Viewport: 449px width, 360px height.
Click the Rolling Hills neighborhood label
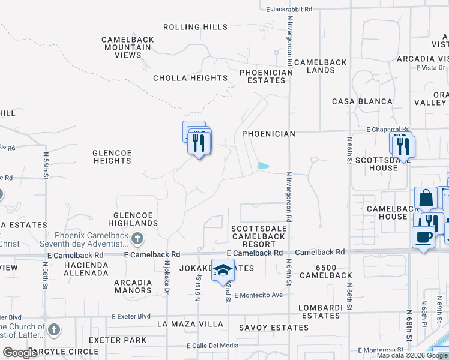(x=196, y=27)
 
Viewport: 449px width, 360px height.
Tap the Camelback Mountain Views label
(x=128, y=47)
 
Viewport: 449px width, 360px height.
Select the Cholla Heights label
(x=190, y=78)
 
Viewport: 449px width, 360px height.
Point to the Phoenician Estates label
(x=266, y=76)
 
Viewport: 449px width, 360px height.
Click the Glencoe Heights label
(x=112, y=157)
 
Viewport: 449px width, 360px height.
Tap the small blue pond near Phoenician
(x=263, y=166)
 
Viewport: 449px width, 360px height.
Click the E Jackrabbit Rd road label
(x=289, y=9)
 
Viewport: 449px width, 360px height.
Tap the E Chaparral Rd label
(x=388, y=129)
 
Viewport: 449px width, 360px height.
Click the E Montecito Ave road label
(x=258, y=295)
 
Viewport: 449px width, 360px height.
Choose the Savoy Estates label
(x=274, y=328)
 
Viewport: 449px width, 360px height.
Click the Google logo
(x=20, y=353)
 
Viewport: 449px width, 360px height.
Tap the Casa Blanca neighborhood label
(x=362, y=101)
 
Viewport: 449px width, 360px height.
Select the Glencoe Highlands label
(x=136, y=219)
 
